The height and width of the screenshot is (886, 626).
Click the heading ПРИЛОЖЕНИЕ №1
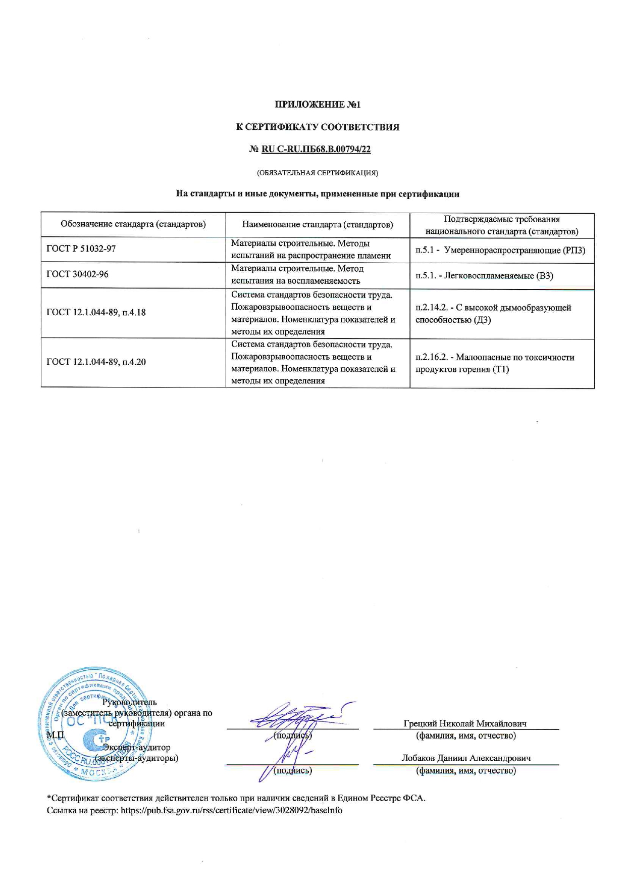pyautogui.click(x=318, y=105)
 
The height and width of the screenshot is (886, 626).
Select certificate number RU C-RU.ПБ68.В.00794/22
pyautogui.click(x=316, y=149)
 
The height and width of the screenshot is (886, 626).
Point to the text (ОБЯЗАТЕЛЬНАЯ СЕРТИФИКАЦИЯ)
pyautogui.click(x=318, y=173)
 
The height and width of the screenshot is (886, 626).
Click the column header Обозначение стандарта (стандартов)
pyautogui.click(x=133, y=224)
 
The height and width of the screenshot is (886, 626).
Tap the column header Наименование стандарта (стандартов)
pyautogui.click(x=318, y=224)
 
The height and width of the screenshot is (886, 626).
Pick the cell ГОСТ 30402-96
pyautogui.click(x=77, y=274)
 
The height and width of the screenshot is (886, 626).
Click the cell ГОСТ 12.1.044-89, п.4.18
pyautogui.click(x=96, y=312)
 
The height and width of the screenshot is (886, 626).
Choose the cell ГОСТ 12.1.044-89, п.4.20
pyautogui.click(x=96, y=362)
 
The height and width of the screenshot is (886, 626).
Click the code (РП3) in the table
pyautogui.click(x=574, y=251)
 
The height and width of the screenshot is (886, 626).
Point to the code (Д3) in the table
pyautogui.click(x=482, y=320)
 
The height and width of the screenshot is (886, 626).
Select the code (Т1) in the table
pyautogui.click(x=500, y=369)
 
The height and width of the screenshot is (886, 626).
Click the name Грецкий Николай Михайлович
pyautogui.click(x=465, y=723)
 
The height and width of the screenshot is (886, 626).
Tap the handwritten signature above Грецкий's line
pyautogui.click(x=298, y=716)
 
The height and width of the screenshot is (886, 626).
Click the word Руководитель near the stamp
pyautogui.click(x=129, y=702)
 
